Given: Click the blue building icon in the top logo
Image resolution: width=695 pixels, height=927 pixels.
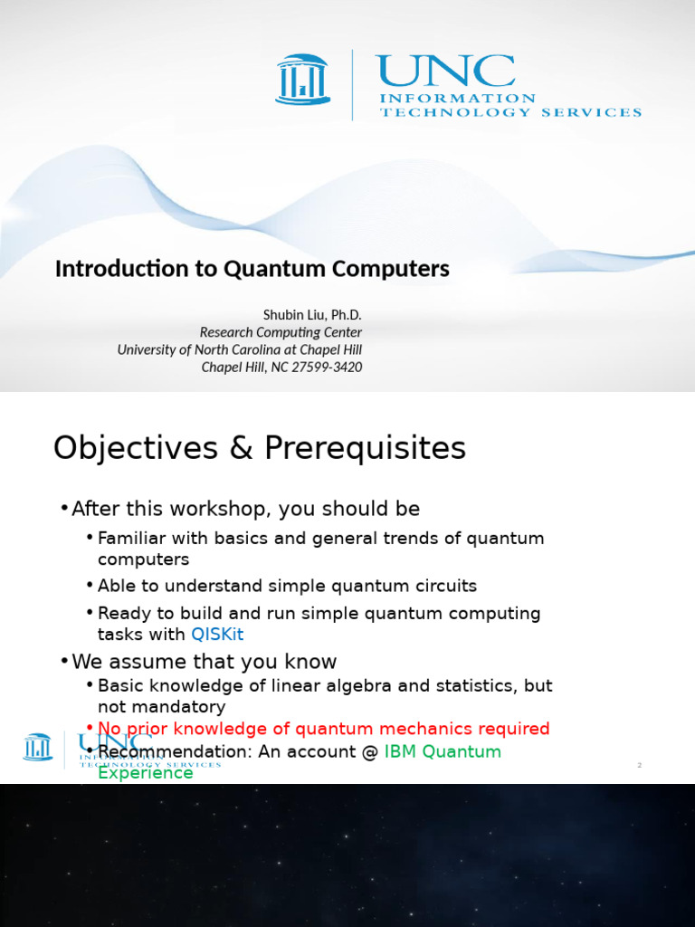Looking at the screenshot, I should [x=301, y=79].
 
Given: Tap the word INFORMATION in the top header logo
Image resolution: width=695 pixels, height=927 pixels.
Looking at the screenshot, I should [x=457, y=99].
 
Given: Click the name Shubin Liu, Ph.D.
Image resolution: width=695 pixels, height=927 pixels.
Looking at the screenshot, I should [x=312, y=314].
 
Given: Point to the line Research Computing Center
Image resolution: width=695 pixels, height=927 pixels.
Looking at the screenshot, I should [x=281, y=332].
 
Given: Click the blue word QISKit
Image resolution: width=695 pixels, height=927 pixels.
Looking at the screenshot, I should [x=217, y=635].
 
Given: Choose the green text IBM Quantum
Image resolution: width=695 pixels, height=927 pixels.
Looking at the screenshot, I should [x=443, y=751].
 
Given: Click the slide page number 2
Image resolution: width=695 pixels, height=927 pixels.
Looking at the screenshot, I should [x=639, y=766].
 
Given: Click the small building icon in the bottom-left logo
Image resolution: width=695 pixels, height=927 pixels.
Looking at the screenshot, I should [x=38, y=748].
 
